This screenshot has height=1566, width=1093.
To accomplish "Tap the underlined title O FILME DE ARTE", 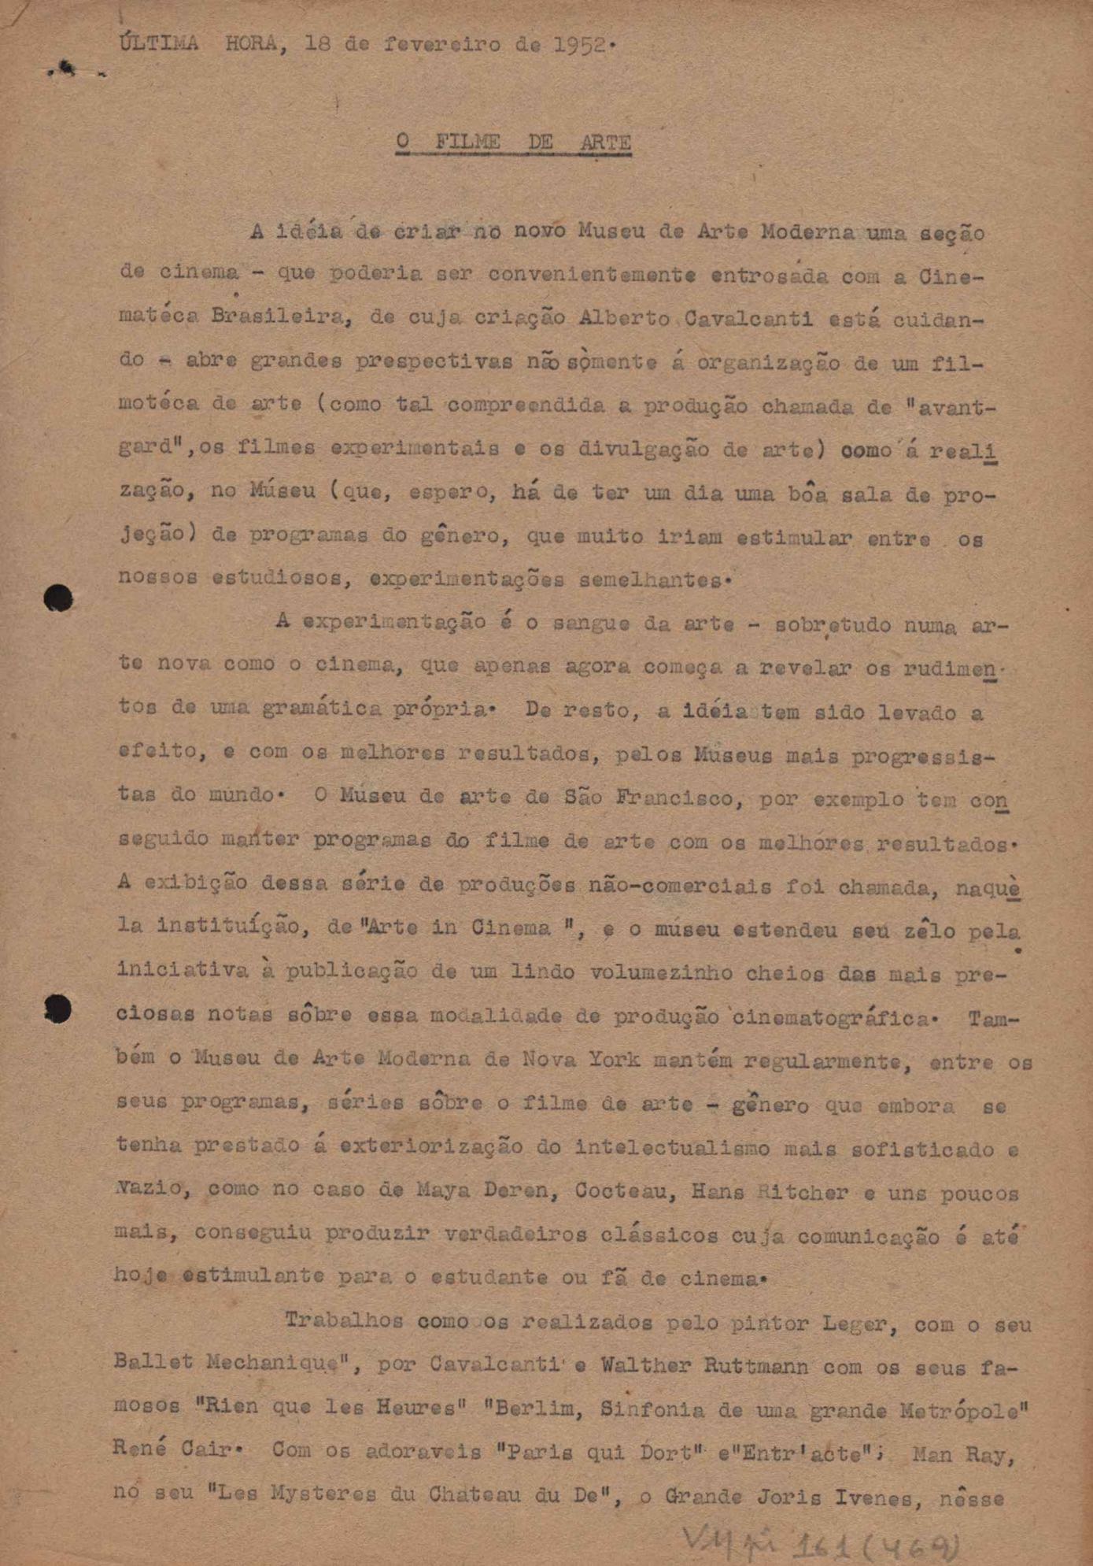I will click(513, 143).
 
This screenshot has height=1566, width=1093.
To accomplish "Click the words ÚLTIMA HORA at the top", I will click(198, 43).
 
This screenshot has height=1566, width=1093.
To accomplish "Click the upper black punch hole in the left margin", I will click(58, 598).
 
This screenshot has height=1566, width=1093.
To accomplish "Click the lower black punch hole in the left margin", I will click(58, 1009).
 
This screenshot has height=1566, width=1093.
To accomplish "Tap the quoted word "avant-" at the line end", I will click(951, 407).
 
